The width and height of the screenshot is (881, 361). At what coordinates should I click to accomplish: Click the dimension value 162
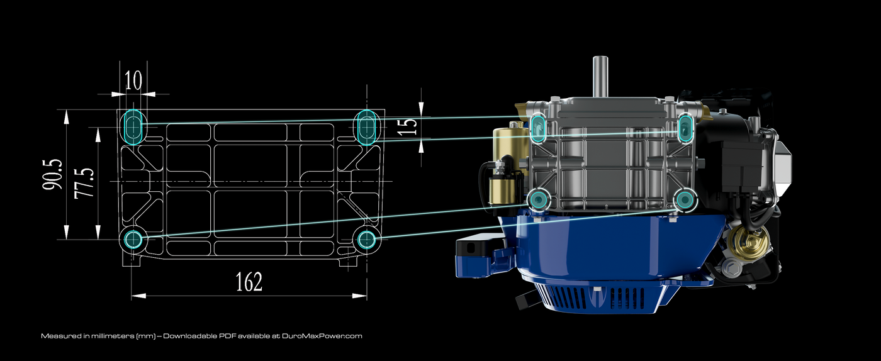pos(249,282)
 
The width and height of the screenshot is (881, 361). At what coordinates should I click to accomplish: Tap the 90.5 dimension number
pos(53,175)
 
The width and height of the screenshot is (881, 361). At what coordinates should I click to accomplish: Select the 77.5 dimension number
pos(84,183)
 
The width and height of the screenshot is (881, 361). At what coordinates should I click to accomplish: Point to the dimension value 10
pos(133,81)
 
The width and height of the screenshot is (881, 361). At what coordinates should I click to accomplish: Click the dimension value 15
pos(408,125)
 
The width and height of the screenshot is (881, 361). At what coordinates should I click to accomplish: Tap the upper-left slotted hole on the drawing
pos(133,126)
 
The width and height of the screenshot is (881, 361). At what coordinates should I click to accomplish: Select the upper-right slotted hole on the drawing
pos(368,127)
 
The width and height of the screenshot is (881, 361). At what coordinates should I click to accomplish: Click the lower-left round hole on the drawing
pos(133,239)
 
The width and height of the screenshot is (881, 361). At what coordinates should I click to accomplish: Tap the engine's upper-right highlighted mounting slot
pos(685,128)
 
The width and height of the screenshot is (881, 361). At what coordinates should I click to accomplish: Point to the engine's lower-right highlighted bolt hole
pos(685,200)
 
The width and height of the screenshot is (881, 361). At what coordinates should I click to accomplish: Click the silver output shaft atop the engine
pos(600,77)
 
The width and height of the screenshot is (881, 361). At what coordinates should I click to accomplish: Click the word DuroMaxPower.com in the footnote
pos(322,336)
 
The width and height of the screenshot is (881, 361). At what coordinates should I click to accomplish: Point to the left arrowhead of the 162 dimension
pos(138,296)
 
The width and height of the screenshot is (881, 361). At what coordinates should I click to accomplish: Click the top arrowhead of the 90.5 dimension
pos(66,117)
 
